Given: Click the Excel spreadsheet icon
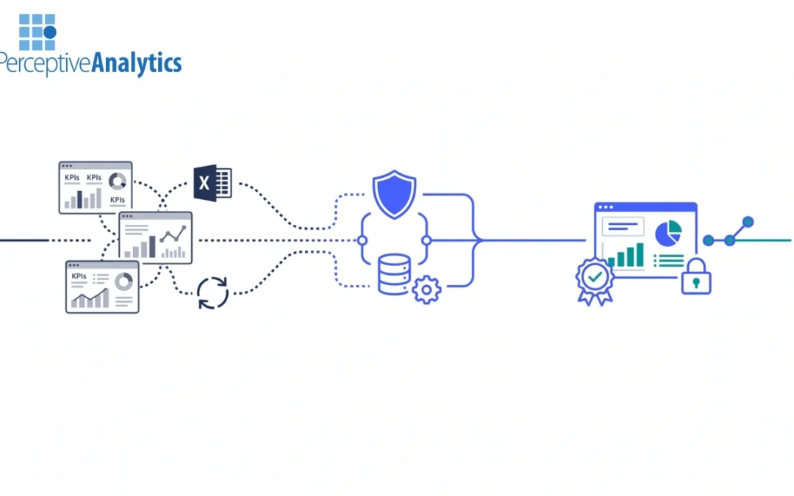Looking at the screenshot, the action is [212, 183].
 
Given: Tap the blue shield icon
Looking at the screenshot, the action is [395, 194].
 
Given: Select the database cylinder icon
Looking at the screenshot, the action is [395, 274].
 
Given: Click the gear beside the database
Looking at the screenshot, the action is [426, 290].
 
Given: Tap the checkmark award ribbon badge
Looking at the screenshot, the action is [595, 281].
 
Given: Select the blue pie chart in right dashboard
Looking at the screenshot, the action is [668, 234].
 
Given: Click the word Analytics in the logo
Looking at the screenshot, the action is [136, 63].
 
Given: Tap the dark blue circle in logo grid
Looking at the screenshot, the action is [50, 32].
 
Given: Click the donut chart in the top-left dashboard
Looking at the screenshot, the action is [118, 181].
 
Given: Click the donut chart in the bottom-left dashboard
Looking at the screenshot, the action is [124, 281].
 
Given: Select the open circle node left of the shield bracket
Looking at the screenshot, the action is [362, 240].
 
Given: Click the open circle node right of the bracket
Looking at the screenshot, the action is [426, 240].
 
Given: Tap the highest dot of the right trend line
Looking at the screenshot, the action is [748, 222].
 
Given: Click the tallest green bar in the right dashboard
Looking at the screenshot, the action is [640, 254].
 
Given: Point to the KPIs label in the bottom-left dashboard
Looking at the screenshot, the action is [79, 276].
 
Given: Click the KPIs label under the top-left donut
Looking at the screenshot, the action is [118, 200].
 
